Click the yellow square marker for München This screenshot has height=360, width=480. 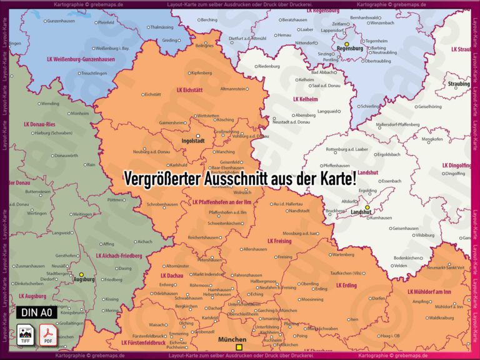tap(239, 347)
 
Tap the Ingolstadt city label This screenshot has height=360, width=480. tap(193, 141)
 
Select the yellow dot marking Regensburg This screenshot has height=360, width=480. tap(347, 44)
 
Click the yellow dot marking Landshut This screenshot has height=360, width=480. tap(367, 207)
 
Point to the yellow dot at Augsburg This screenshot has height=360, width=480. tap(81, 274)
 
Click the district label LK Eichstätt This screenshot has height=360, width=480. tap(189, 90)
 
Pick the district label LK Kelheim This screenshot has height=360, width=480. tap(306, 99)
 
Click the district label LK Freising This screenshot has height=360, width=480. tap(279, 241)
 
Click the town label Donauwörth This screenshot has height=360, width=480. tap(66, 155)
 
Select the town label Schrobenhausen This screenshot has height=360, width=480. tap(162, 204)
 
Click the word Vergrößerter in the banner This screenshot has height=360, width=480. tap(162, 179)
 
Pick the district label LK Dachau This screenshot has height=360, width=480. tap(172, 276)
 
